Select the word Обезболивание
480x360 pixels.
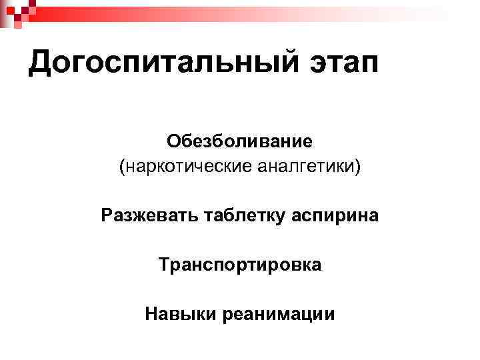(240, 141)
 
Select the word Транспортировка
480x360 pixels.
(240, 265)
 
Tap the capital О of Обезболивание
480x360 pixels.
(174, 141)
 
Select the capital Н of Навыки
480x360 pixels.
(151, 313)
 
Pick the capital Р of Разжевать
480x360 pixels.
(107, 215)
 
